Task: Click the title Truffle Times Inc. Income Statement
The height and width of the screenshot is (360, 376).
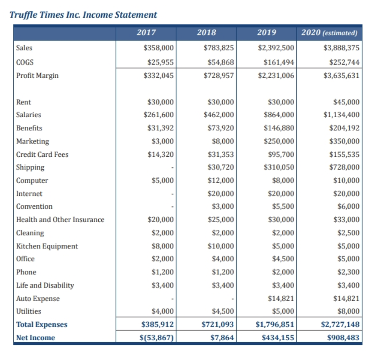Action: pos(83,15)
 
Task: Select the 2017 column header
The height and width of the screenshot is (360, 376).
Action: pos(146,33)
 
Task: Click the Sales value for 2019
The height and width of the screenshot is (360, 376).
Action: pos(276,48)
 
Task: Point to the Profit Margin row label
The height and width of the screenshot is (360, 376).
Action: pos(37,76)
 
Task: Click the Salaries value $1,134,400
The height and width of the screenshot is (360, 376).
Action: pos(341,115)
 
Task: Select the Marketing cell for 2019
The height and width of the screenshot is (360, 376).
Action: pos(279,141)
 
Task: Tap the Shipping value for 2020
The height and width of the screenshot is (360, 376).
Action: pos(344,167)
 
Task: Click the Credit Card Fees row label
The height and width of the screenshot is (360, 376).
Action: pos(42,154)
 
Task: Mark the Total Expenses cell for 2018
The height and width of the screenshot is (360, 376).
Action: pos(218,324)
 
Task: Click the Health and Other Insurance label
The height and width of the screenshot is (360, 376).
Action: pos(60,220)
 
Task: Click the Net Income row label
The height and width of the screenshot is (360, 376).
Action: pos(36,338)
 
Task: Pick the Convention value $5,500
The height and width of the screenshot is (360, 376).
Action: pos(283,207)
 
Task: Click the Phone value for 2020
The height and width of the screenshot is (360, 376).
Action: pos(348,272)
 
